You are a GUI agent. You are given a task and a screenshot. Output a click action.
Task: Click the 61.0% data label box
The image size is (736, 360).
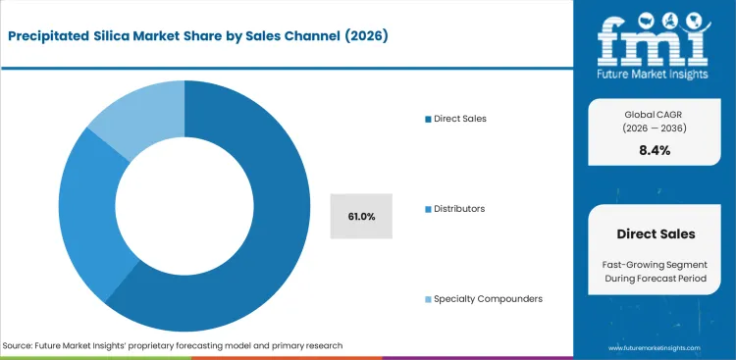(x=361, y=216)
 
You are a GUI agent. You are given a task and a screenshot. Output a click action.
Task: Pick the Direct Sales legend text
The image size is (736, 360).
(x=462, y=119)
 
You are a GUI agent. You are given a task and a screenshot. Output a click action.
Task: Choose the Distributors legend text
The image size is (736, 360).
(x=461, y=209)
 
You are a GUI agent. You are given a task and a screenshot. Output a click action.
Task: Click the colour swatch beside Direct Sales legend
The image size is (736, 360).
(x=427, y=119)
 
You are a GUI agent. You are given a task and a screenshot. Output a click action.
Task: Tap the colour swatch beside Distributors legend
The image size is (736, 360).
(x=427, y=209)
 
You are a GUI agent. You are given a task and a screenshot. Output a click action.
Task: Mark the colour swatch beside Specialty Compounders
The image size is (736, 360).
(x=427, y=298)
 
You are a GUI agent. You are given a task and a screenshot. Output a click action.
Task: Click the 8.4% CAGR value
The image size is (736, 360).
(x=654, y=150)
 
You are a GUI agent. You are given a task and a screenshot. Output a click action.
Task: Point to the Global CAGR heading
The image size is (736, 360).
(x=654, y=115)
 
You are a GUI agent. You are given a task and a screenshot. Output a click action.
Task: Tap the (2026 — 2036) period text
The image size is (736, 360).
(x=654, y=129)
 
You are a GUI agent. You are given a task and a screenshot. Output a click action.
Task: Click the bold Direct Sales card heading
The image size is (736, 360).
(x=654, y=234)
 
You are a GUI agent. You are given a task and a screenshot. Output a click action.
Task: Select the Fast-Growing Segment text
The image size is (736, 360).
(x=654, y=266)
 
